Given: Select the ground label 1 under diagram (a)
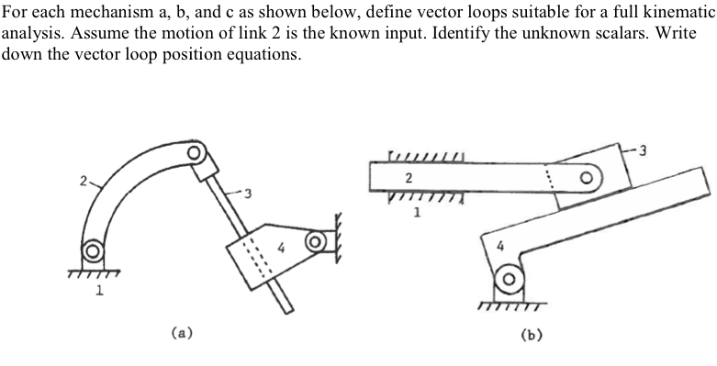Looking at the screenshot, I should (x=100, y=292).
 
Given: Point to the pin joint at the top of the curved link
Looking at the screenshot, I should (x=194, y=152).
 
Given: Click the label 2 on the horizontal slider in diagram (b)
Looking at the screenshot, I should (x=408, y=176).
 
